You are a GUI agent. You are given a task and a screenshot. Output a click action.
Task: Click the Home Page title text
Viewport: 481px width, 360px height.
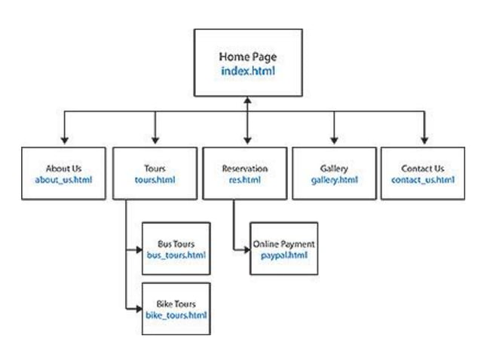click(247, 56)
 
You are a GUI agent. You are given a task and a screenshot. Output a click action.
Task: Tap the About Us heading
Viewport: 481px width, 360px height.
click(64, 169)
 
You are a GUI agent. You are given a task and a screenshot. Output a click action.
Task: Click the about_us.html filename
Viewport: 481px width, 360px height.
click(64, 182)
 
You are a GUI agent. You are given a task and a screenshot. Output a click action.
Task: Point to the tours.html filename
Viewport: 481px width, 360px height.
click(155, 182)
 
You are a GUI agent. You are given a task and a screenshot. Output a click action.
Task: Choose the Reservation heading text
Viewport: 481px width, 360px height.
click(245, 169)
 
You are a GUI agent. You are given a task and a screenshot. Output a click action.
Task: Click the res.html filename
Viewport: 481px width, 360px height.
click(245, 182)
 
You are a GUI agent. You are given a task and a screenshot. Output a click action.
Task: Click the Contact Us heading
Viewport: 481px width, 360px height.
click(423, 169)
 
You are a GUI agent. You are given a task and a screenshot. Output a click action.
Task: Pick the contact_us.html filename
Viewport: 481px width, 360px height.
click(423, 182)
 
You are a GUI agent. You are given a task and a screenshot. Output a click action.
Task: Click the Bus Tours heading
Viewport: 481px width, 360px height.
click(176, 244)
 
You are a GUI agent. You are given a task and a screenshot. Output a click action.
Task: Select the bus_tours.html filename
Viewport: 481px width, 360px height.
click(176, 256)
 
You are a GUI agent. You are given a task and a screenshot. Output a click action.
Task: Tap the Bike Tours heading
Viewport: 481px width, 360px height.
click(176, 303)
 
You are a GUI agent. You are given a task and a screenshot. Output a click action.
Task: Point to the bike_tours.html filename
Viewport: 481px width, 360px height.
click(176, 315)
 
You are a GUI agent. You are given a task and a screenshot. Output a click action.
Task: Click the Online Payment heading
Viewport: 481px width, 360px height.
click(283, 244)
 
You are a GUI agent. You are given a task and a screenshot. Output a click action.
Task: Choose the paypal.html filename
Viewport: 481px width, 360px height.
click(283, 256)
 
